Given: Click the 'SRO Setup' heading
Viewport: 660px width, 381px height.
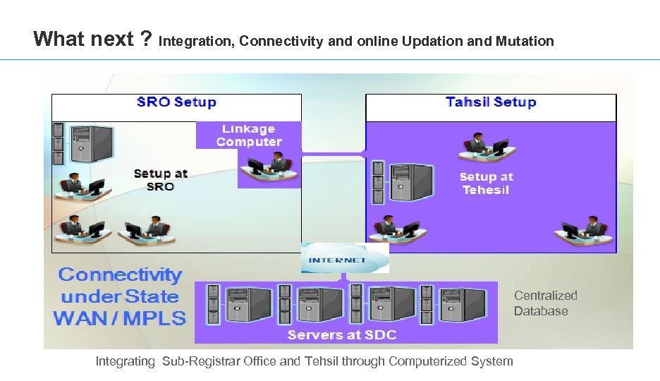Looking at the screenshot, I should [176, 102].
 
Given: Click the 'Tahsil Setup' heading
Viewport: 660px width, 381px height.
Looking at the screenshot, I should [491, 102].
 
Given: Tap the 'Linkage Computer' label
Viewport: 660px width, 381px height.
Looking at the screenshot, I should [249, 135].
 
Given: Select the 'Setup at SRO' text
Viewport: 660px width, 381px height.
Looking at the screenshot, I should [160, 180].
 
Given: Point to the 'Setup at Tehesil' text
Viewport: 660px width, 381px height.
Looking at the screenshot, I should [486, 183].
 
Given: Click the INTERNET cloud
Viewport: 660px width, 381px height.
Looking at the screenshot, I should [346, 259].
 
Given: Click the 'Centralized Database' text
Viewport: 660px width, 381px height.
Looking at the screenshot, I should [545, 303].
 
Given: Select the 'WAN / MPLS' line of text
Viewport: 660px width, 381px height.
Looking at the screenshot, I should [120, 318].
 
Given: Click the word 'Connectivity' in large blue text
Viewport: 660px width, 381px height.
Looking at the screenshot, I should [120, 274].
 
